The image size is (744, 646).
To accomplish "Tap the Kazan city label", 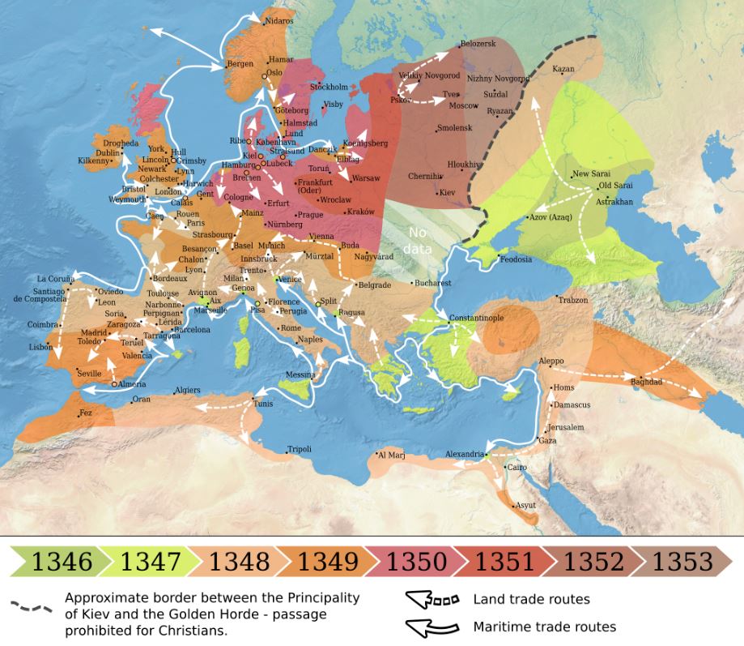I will [x=563, y=69].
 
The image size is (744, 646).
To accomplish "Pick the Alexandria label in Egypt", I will [x=465, y=455].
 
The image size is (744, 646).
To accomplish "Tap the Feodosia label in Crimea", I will [x=516, y=259].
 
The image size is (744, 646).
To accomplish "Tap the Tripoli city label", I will [x=300, y=450].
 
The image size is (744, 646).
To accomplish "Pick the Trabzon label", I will [x=572, y=300].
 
